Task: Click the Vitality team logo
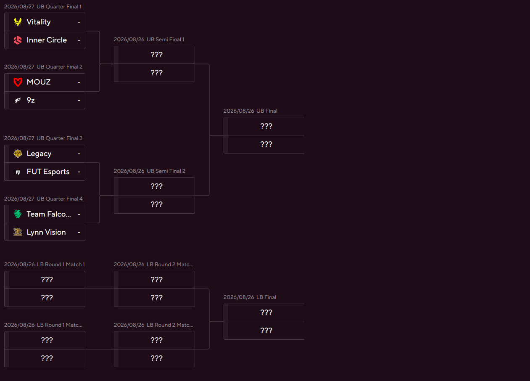coord(18,22)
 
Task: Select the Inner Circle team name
coord(47,40)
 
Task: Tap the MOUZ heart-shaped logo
coord(18,82)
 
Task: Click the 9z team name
coord(31,100)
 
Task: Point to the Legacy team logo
coord(18,153)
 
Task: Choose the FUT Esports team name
coord(48,172)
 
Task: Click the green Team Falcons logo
coord(18,214)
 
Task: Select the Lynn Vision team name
coord(46,232)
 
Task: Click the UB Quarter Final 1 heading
coord(59,7)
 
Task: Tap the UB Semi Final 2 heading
coord(166,171)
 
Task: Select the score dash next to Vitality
coord(79,22)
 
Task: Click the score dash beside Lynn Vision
coord(79,232)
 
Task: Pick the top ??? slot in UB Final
coord(266,126)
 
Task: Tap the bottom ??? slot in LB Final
coord(266,331)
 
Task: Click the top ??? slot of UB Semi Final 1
coord(157,55)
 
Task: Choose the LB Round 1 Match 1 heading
coord(61,264)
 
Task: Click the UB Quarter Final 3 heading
coord(59,138)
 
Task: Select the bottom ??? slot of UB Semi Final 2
coord(157,204)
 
